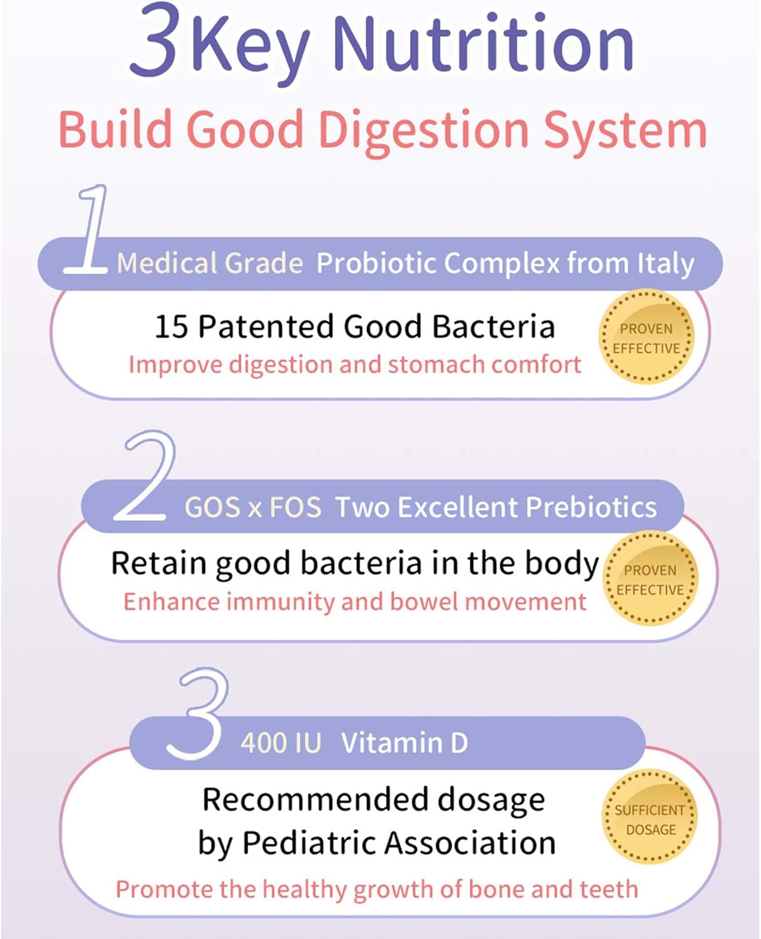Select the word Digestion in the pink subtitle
(424, 130)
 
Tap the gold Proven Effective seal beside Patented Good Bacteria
(646, 338)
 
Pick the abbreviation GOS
(212, 507)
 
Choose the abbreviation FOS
(295, 507)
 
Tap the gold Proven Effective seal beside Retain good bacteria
(650, 580)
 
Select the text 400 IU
(281, 743)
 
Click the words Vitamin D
(404, 743)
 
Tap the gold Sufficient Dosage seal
(650, 819)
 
